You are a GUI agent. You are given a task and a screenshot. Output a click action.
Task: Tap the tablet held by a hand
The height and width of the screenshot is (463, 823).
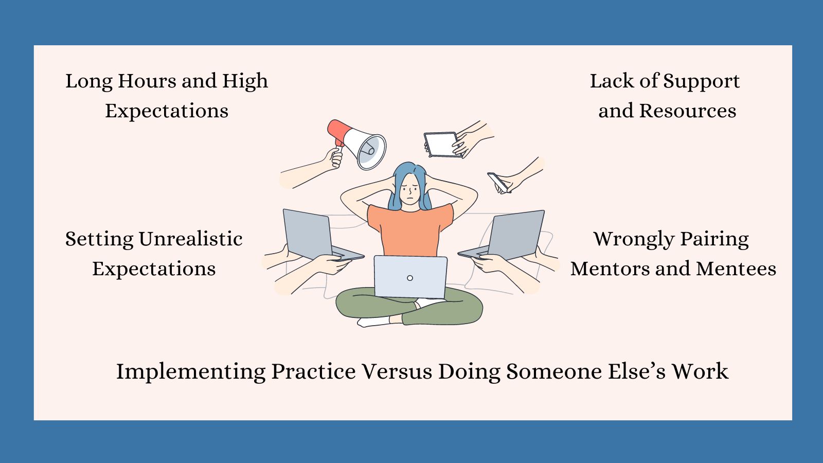(x=441, y=144)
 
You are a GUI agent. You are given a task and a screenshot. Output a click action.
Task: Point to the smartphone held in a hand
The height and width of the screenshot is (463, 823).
(x=498, y=182)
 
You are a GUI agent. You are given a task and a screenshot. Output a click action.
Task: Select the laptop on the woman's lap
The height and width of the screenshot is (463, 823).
(x=410, y=276)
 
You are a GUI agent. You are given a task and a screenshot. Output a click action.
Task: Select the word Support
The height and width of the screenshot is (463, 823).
(x=701, y=81)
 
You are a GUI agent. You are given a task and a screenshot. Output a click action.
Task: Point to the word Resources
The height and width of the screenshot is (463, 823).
(x=688, y=111)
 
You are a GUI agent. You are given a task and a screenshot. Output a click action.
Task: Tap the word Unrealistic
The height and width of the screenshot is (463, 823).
(x=190, y=239)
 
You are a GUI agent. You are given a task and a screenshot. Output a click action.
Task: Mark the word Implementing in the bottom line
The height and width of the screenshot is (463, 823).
(x=191, y=372)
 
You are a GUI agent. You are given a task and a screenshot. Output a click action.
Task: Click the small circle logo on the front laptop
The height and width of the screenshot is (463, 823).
(x=410, y=278)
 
